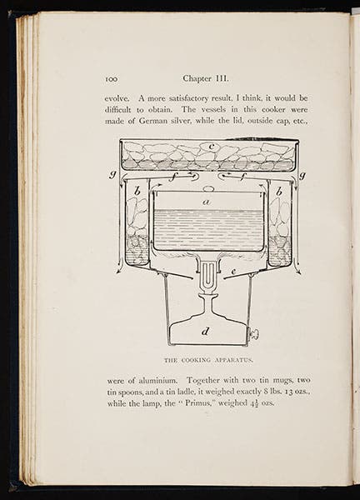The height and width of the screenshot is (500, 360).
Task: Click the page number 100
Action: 113,79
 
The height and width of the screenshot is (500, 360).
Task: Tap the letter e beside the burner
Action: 234,272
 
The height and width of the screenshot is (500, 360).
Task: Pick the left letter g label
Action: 111,174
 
